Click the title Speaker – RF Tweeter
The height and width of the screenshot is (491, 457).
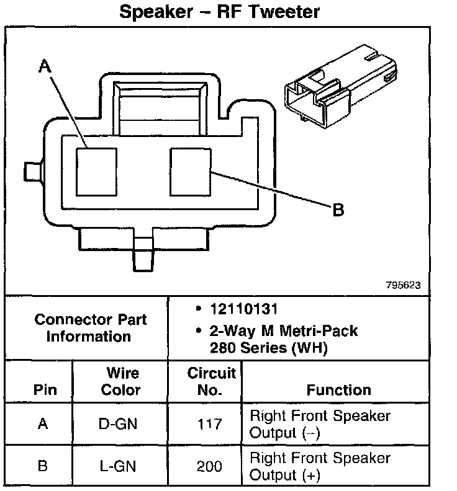pos(220,12)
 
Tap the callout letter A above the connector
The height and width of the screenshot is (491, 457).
pos(44,66)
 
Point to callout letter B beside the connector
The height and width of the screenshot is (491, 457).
pos(338,210)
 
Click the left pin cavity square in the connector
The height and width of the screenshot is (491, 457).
pos(96,170)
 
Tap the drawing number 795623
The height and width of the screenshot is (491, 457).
pos(403,285)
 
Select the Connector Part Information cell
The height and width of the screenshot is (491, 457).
pos(90,328)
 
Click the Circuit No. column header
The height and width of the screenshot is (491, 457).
pos(211,381)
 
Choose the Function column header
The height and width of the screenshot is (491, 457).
pos(338,390)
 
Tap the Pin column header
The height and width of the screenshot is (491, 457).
pos(43,390)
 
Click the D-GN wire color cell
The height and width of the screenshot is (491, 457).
pos(120,424)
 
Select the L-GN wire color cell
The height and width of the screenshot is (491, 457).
pos(120,466)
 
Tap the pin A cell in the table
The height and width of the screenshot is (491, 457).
pos(43,424)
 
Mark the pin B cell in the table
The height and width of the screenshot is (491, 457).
pos(43,466)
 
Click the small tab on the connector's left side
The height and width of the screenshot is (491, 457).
pos(32,170)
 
